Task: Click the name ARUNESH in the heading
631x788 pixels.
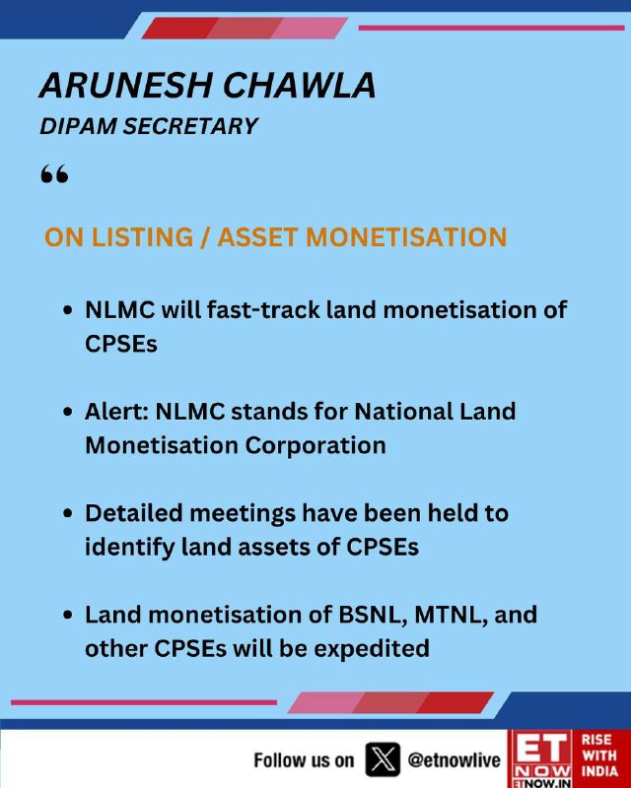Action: point(126,85)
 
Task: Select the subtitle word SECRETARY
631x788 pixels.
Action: point(190,126)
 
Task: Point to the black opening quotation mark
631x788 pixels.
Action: point(54,174)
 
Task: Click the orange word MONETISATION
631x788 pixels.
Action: point(406,236)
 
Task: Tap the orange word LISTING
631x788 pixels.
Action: point(143,236)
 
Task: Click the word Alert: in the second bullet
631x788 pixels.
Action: point(116,412)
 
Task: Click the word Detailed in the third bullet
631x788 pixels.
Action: point(133,513)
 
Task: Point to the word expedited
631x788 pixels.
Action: point(372,649)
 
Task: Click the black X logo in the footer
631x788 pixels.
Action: point(383,759)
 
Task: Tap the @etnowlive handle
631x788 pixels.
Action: point(454,759)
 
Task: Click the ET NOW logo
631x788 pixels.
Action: point(541,758)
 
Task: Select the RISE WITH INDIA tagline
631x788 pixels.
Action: point(599,755)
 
